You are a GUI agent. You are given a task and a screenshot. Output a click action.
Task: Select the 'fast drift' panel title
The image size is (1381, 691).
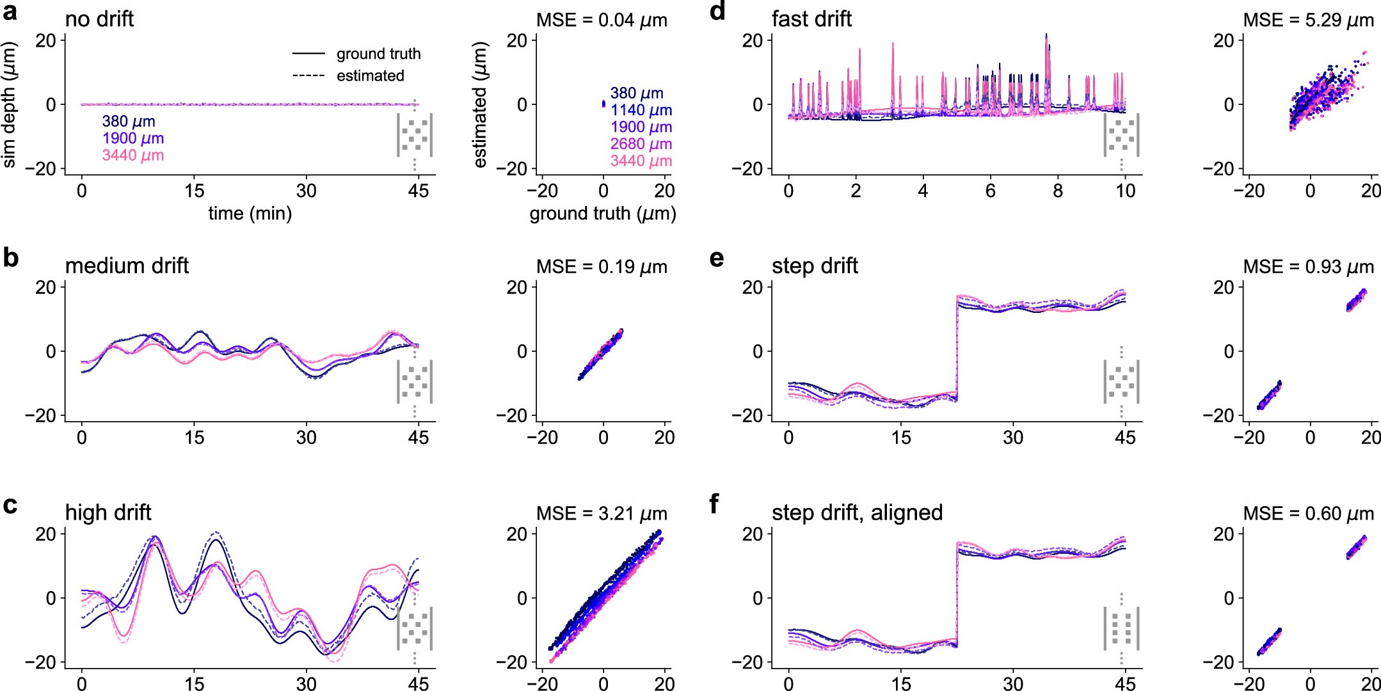(x=811, y=19)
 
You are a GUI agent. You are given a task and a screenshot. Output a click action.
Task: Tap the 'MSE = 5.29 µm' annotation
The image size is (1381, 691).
(x=1308, y=20)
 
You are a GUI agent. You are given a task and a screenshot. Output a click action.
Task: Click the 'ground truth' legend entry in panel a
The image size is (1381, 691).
(x=378, y=54)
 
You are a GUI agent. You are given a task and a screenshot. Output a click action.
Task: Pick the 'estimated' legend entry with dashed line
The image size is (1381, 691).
(x=370, y=75)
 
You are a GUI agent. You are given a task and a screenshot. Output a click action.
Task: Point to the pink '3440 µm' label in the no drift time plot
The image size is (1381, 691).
(x=132, y=155)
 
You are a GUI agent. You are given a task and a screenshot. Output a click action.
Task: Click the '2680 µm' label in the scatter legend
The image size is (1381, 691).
(x=641, y=144)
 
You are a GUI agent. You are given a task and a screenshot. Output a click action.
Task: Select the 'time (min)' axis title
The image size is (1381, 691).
(x=250, y=213)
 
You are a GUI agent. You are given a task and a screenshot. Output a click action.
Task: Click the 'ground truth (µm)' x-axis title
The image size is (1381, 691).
(x=602, y=213)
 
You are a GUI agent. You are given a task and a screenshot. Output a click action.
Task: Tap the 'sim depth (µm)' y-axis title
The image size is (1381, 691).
(x=9, y=104)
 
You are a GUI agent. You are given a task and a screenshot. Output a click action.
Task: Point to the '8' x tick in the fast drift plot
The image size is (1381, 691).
(x=1057, y=191)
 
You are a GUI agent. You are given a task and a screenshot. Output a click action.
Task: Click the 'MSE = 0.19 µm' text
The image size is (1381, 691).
(x=602, y=267)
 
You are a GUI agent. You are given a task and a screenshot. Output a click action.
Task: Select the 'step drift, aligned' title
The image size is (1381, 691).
(x=857, y=512)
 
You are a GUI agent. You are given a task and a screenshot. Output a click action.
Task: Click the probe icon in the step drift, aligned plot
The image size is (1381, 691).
(x=1121, y=628)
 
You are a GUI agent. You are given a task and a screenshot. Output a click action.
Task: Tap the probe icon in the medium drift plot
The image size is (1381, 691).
(x=415, y=382)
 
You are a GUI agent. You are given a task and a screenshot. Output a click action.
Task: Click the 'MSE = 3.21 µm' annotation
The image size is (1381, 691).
(x=602, y=514)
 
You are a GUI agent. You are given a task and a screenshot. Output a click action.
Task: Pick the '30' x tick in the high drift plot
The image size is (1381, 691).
(x=306, y=684)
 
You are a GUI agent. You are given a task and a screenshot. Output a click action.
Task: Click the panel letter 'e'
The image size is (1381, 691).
(x=717, y=258)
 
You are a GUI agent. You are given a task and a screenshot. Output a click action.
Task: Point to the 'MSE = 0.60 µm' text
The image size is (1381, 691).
(x=1308, y=514)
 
